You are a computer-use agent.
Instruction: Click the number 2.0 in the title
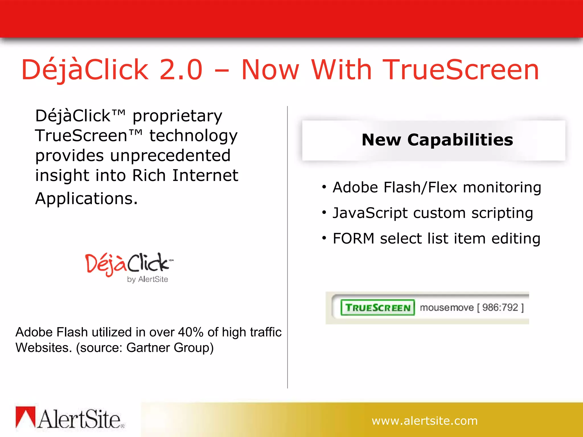[x=181, y=70]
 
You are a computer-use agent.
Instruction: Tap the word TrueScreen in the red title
[x=461, y=70]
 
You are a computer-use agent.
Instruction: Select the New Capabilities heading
[x=437, y=140]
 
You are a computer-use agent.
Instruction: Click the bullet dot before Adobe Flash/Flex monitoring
[x=324, y=187]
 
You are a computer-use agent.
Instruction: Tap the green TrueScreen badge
[x=377, y=308]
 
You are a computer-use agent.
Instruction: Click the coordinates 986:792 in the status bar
[x=500, y=308]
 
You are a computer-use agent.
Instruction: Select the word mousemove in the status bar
[x=447, y=308]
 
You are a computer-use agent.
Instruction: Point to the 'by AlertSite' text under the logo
[x=147, y=279]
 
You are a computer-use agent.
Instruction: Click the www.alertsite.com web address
[x=424, y=421]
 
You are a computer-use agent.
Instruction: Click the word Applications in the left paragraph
[x=86, y=198]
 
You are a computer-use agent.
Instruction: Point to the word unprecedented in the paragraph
[x=170, y=156]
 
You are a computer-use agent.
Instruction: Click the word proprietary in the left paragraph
[x=177, y=116]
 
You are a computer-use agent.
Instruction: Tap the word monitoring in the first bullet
[x=502, y=187]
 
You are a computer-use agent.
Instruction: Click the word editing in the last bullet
[x=516, y=239]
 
